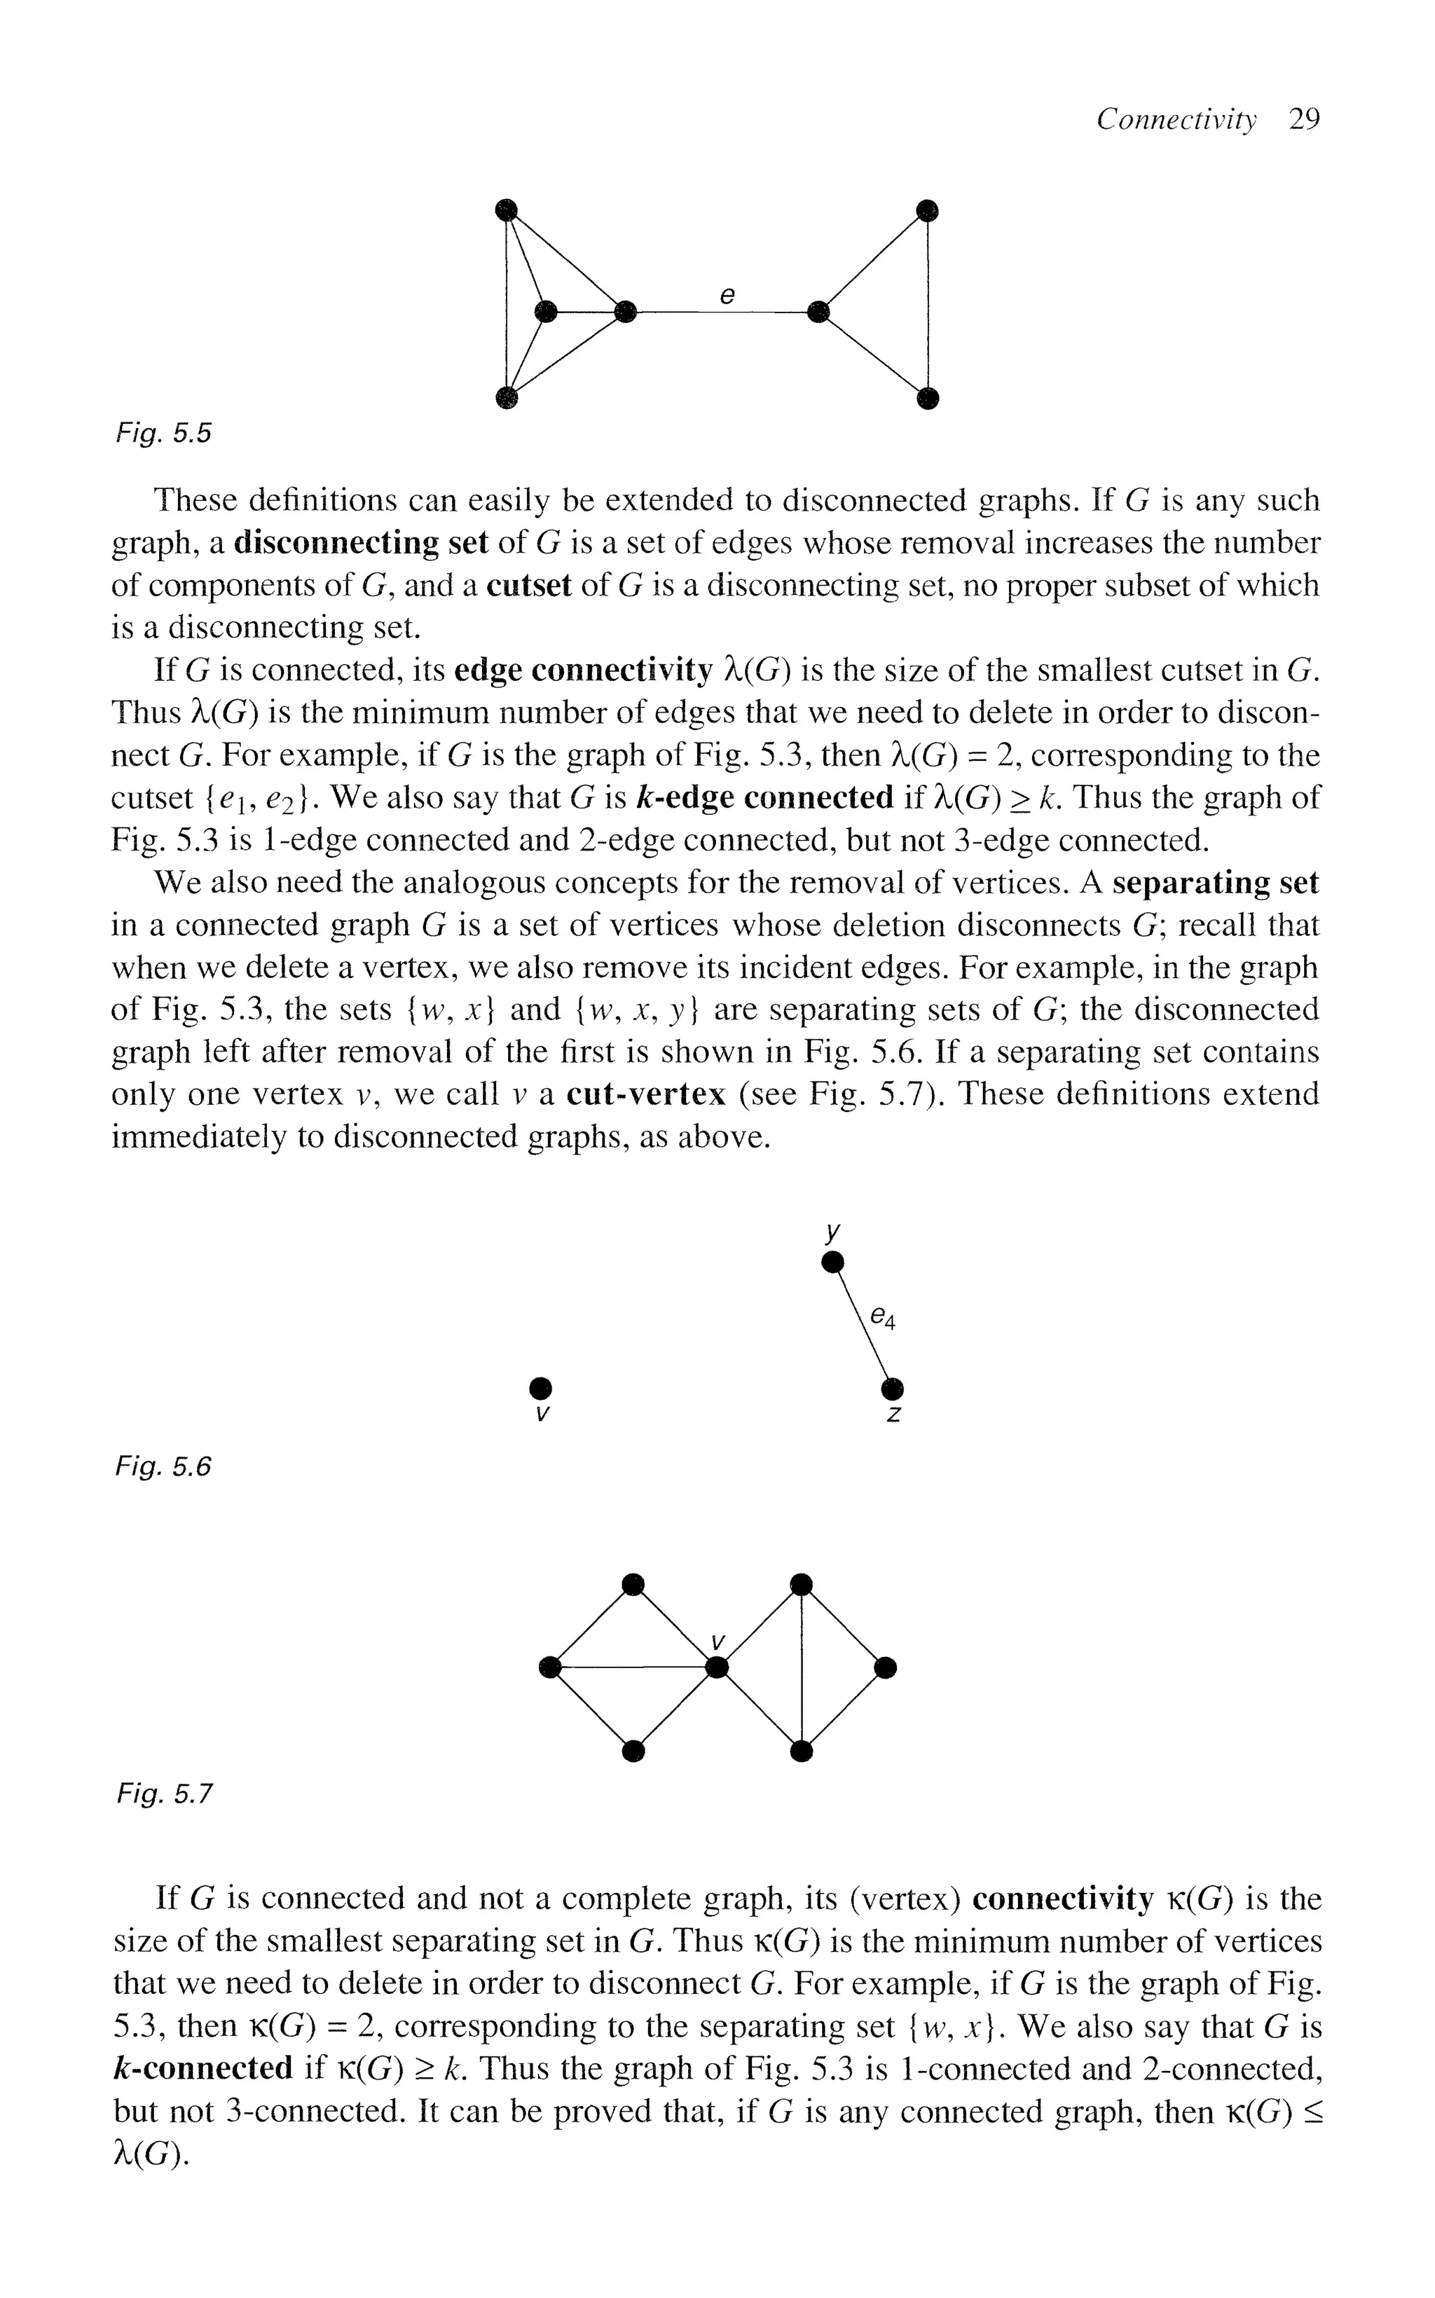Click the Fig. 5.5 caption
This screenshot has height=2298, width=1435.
(x=163, y=434)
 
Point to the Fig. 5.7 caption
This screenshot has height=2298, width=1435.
(x=163, y=1794)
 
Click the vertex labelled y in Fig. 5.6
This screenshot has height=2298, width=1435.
(x=832, y=1261)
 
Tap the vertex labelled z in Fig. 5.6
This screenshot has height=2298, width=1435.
(x=892, y=1390)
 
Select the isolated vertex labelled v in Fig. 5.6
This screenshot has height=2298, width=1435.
(x=540, y=1387)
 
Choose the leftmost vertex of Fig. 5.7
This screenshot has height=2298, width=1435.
(x=548, y=1667)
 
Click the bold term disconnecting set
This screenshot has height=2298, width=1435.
(x=361, y=543)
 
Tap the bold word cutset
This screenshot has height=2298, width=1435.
(x=528, y=586)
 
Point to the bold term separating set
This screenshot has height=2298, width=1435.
(x=1215, y=883)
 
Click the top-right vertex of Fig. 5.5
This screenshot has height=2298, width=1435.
(x=927, y=209)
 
